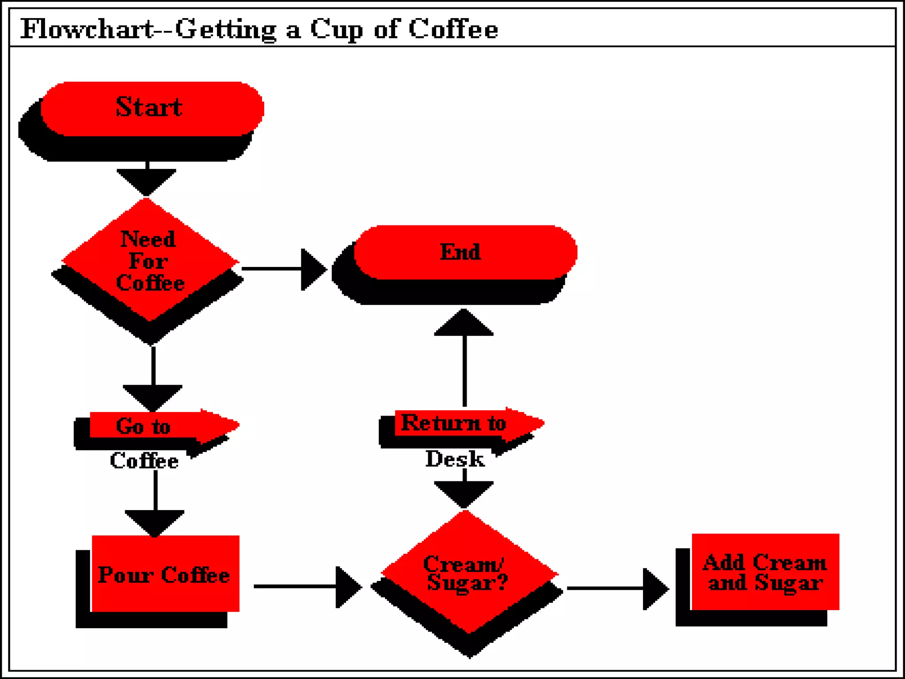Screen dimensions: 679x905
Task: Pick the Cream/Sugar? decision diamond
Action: tap(468, 573)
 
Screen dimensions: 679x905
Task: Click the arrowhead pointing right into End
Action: tap(312, 269)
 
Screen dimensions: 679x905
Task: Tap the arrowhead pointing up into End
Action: tap(464, 323)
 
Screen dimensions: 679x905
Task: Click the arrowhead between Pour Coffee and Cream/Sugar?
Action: tap(347, 587)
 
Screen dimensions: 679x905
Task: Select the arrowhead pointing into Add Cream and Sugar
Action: tap(654, 589)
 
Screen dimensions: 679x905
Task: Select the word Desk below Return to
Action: tap(455, 459)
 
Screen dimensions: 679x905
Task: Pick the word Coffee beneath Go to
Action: tap(144, 461)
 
